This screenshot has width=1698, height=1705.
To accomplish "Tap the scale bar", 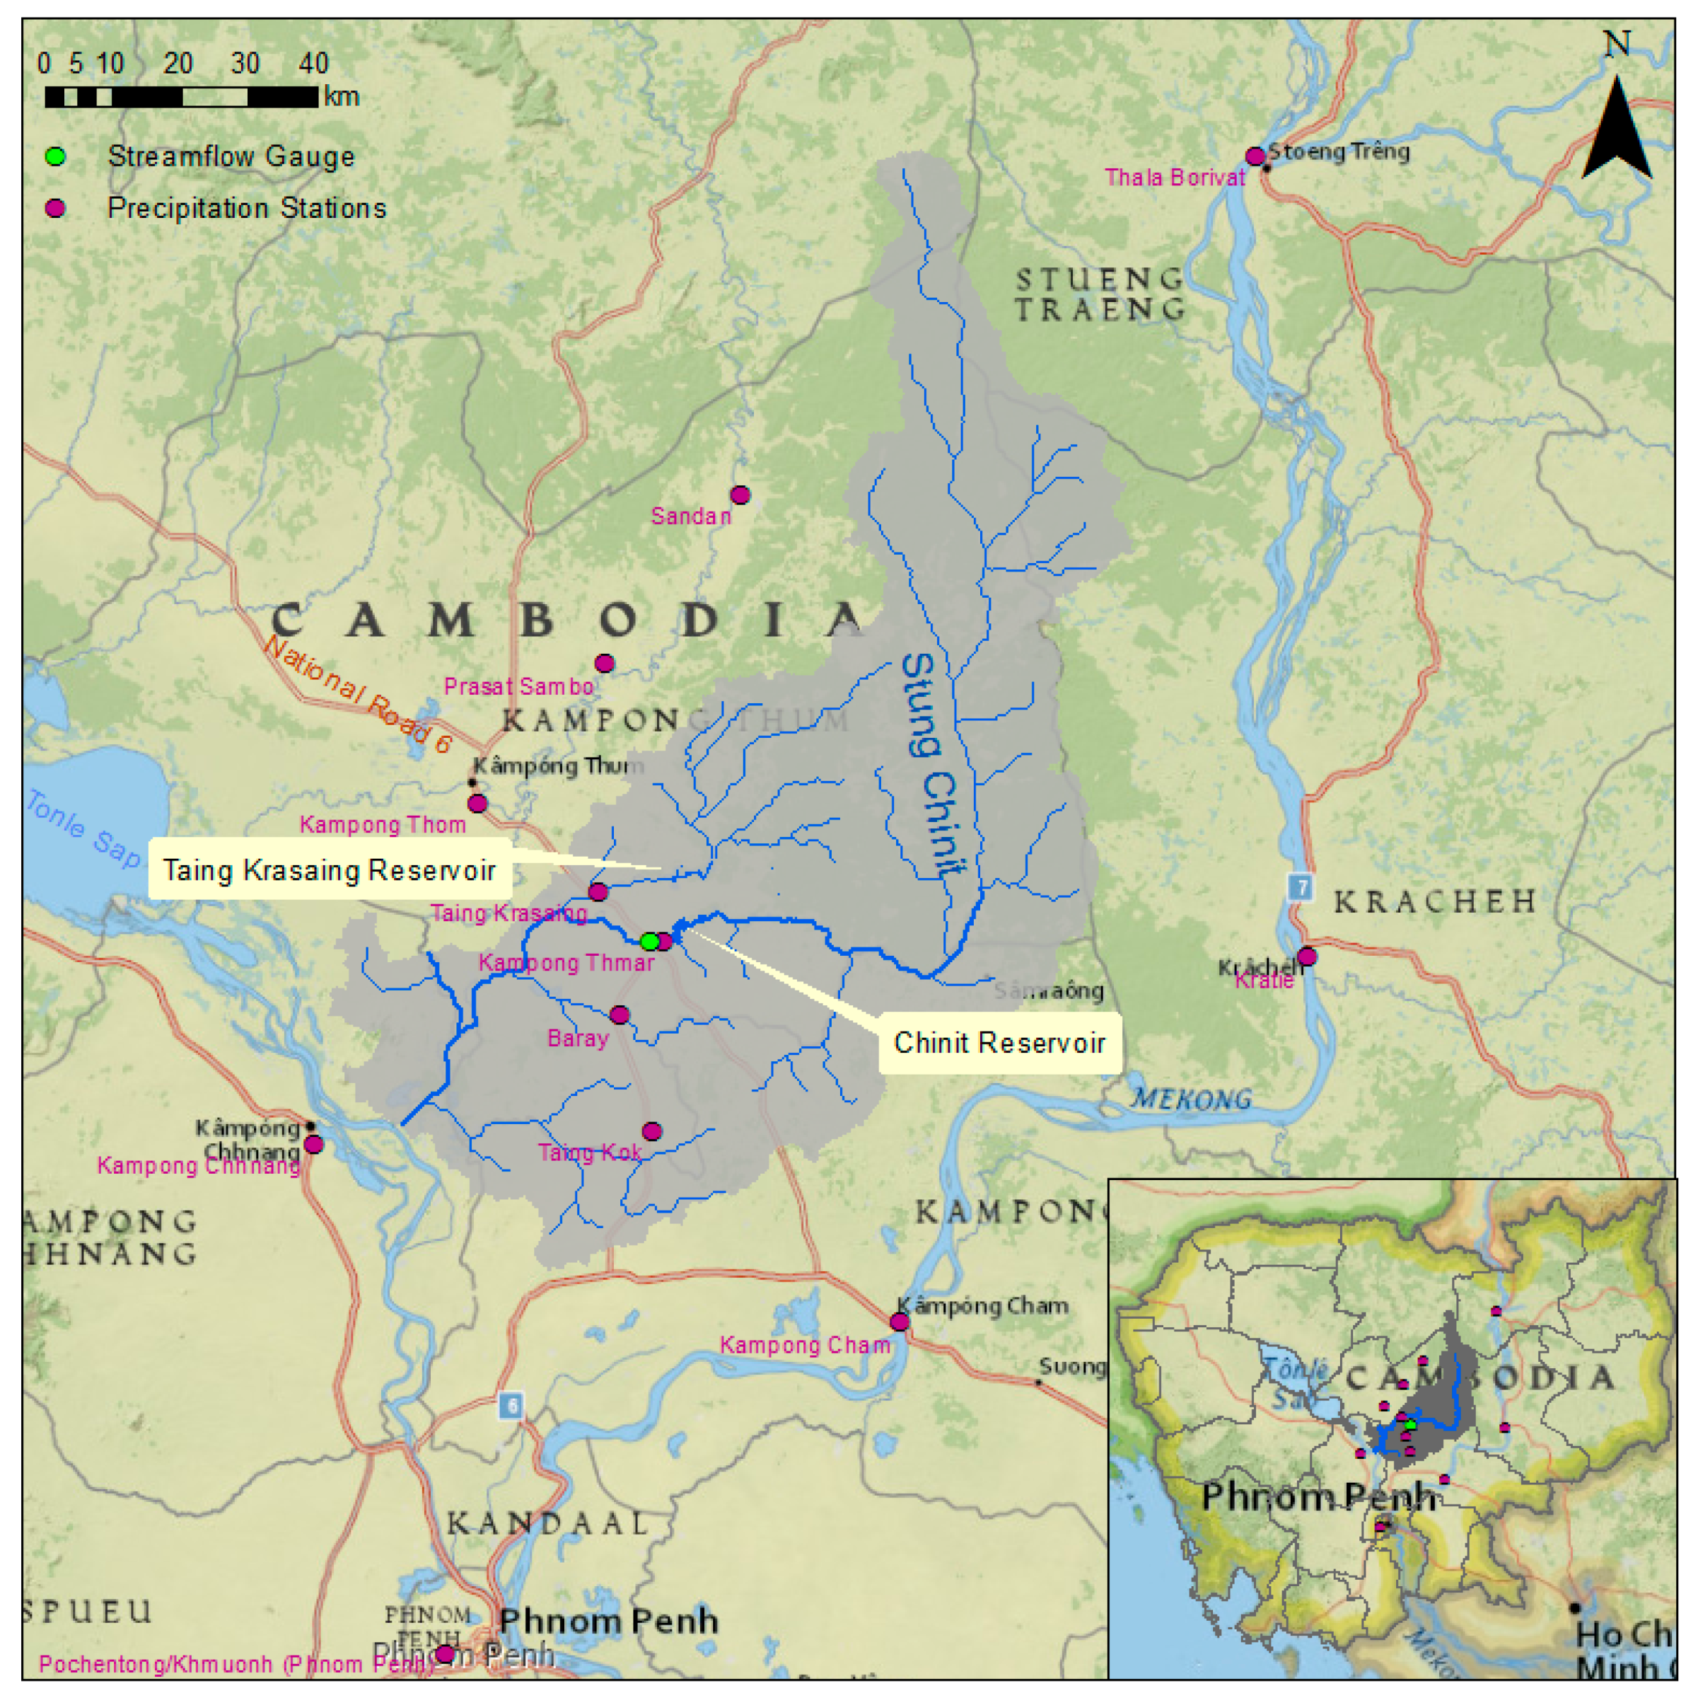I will (x=181, y=97).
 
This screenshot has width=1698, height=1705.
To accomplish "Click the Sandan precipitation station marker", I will (x=740, y=495).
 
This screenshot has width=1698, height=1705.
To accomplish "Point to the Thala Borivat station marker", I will (x=1255, y=157).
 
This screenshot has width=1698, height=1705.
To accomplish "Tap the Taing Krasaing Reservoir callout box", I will (x=329, y=870).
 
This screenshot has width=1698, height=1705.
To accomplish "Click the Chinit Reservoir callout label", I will (x=999, y=1043).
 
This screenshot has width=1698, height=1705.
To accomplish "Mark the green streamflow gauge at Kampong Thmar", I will (x=649, y=942).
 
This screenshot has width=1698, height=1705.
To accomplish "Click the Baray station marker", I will (x=620, y=1015).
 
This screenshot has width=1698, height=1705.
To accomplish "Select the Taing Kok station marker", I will (x=652, y=1131).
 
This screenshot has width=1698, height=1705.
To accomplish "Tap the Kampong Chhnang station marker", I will (x=313, y=1145).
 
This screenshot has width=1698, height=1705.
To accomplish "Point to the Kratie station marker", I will (x=1306, y=956).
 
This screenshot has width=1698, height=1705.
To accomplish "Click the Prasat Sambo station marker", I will (x=604, y=664).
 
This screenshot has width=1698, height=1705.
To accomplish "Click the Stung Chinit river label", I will (x=931, y=764).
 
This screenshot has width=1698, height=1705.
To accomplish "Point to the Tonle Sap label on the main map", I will (x=82, y=828).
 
